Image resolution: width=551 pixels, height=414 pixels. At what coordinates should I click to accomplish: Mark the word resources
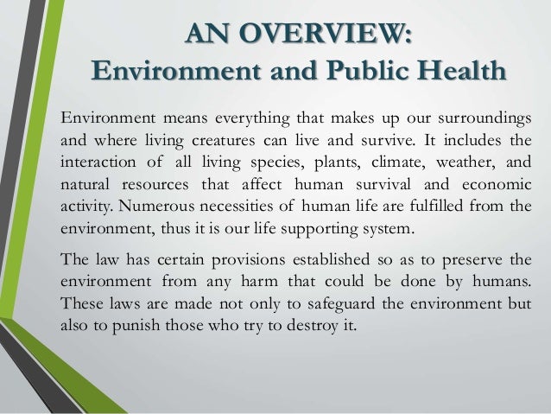pyautogui.click(x=149, y=184)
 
